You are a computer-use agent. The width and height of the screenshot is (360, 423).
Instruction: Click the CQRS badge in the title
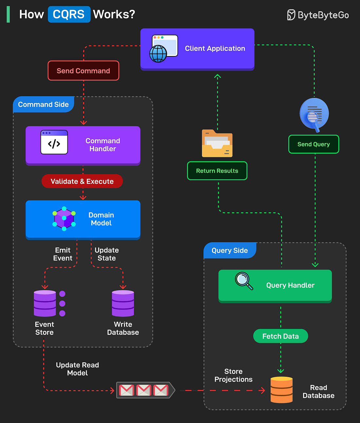[69, 14]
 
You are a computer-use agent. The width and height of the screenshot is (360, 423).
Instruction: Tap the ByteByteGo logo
[318, 15]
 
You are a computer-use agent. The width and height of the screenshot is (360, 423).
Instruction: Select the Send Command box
[83, 71]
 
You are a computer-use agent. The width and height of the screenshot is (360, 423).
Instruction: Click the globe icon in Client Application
[158, 54]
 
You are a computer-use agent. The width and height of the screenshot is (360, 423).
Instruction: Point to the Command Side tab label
[44, 105]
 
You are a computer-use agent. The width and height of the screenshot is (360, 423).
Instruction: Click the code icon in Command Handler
[54, 143]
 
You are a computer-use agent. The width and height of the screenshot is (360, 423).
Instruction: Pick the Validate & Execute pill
[82, 182]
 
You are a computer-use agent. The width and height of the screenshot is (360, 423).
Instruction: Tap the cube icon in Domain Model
[64, 219]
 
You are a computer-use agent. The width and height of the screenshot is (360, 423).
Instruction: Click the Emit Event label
[63, 254]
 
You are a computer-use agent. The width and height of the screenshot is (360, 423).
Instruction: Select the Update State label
[107, 254]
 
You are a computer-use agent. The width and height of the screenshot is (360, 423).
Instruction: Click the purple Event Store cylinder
[45, 303]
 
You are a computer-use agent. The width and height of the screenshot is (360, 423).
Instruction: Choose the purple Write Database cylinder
[123, 303]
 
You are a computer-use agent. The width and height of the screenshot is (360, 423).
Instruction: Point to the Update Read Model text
[78, 369]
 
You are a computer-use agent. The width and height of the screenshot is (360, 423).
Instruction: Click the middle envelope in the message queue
[144, 390]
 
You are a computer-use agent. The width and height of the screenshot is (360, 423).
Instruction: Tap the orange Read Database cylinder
[281, 390]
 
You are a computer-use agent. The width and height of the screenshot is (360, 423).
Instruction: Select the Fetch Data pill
[280, 336]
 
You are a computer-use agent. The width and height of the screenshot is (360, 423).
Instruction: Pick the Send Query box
[314, 144]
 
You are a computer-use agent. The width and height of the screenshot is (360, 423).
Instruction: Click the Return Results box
[217, 171]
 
